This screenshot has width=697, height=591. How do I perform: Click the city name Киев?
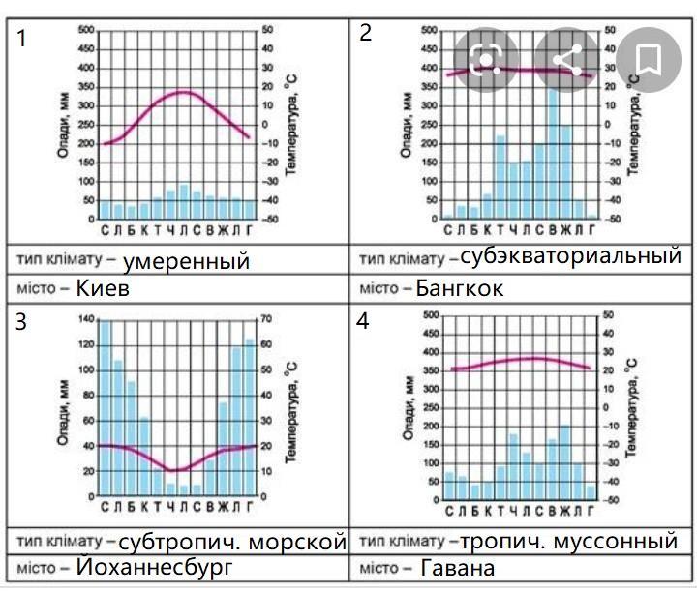tap(103, 289)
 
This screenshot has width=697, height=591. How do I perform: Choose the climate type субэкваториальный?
tap(570, 258)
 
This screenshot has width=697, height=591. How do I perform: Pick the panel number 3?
tap(21, 322)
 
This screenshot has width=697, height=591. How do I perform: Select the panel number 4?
tap(363, 322)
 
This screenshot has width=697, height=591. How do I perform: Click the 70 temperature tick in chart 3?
tap(267, 320)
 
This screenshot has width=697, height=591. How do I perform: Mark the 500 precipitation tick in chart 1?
tap(87, 30)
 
